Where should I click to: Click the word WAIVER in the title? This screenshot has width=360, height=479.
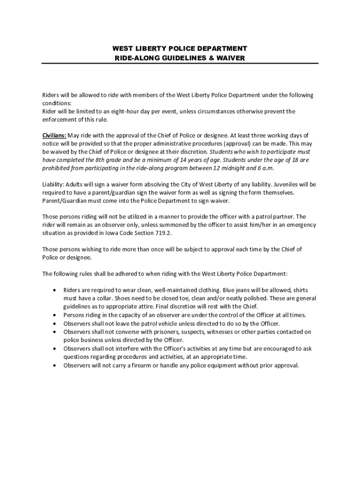[x=230, y=58]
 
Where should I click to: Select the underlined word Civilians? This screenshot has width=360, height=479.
[x=55, y=136]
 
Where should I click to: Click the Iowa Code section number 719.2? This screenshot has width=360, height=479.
[x=170, y=233]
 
